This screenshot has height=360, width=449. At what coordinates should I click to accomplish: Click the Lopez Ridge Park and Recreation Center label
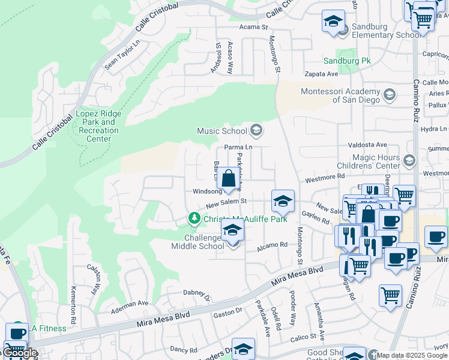(98, 127)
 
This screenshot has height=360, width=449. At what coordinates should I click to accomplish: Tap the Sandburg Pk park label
(348, 61)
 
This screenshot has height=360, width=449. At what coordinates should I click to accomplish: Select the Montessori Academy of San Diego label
(340, 95)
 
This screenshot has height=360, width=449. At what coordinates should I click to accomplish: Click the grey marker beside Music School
(256, 130)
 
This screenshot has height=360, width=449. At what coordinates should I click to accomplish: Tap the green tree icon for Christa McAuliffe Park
(193, 218)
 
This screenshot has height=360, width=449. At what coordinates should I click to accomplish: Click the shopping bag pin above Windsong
(229, 179)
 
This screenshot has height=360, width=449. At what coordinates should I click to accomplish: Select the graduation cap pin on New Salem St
(283, 202)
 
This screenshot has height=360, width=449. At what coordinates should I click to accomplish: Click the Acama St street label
(253, 28)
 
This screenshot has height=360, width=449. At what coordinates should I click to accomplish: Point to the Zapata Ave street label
(321, 74)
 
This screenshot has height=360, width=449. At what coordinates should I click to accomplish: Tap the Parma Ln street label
(238, 147)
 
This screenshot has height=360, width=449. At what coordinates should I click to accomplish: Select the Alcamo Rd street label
(273, 245)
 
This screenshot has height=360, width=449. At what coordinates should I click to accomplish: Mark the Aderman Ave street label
(130, 304)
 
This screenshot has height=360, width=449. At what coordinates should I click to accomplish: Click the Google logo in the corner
(19, 353)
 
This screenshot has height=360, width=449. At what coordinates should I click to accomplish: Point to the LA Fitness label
(46, 327)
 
